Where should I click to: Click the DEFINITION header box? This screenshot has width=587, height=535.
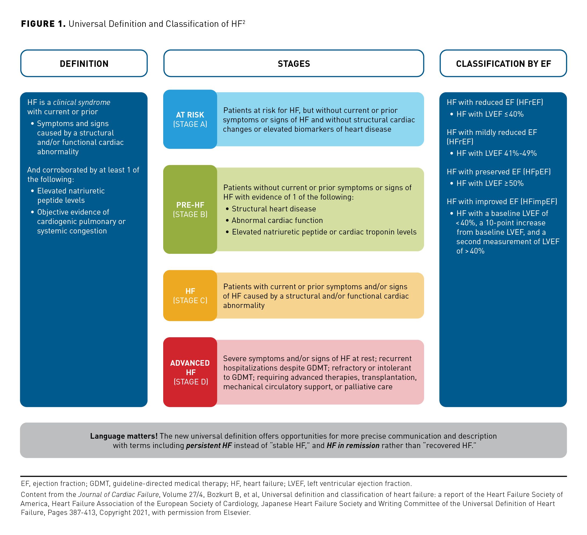tap(84, 64)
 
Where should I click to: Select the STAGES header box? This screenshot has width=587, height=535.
tap(294, 64)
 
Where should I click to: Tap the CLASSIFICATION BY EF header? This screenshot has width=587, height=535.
tap(503, 64)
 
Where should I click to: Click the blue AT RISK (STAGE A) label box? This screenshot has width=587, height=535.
tap(190, 119)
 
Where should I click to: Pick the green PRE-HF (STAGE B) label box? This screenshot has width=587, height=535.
tap(190, 210)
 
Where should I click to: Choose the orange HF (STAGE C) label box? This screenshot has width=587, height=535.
tap(190, 296)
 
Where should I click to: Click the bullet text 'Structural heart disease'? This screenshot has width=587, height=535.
tap(274, 209)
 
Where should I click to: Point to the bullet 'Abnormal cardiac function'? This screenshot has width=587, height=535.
tap(277, 220)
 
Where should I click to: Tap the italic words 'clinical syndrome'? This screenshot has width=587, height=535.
tap(82, 102)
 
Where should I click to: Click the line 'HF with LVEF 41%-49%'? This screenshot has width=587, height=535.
tap(497, 153)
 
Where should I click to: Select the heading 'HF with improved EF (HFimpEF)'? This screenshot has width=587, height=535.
tap(502, 201)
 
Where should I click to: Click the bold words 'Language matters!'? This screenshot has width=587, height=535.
tap(124, 436)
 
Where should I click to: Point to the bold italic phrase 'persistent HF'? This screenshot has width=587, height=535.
tap(209, 446)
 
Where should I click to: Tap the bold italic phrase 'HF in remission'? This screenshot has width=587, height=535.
tap(353, 446)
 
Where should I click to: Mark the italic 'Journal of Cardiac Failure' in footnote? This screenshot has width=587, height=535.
tap(118, 494)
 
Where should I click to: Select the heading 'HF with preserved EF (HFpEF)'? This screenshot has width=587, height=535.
tap(498, 172)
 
